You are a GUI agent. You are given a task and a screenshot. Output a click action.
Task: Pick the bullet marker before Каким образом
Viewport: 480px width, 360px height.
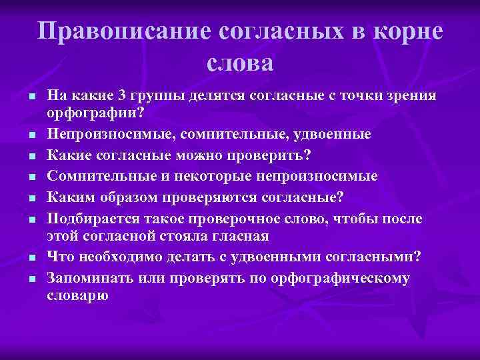pyautogui.click(x=31, y=199)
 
